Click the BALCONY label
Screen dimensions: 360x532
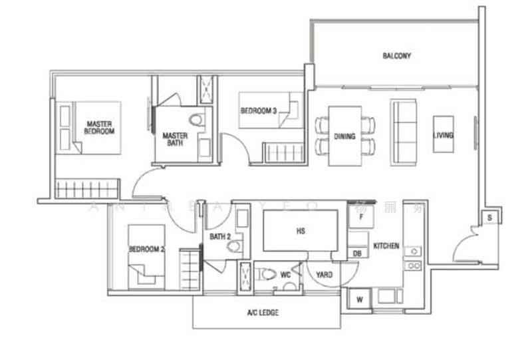pyautogui.click(x=396, y=56)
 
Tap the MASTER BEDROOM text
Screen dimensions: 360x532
pyautogui.click(x=99, y=128)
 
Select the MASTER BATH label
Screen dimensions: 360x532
pyautogui.click(x=176, y=140)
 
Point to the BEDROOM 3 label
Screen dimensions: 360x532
pyautogui.click(x=259, y=110)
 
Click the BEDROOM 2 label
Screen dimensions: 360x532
pyautogui.click(x=146, y=250)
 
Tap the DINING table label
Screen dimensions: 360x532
pyautogui.click(x=344, y=136)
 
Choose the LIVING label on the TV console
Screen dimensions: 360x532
pyautogui.click(x=443, y=135)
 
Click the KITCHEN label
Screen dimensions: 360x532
pyautogui.click(x=386, y=246)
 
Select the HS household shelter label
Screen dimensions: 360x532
pyautogui.click(x=300, y=232)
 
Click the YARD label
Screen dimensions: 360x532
pyautogui.click(x=324, y=274)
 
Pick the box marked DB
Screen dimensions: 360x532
pyautogui.click(x=357, y=254)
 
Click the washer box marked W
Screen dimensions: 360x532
pyautogui.click(x=359, y=299)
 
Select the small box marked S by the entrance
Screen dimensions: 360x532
pyautogui.click(x=489, y=217)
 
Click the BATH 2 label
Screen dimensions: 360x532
pyautogui.click(x=219, y=236)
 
